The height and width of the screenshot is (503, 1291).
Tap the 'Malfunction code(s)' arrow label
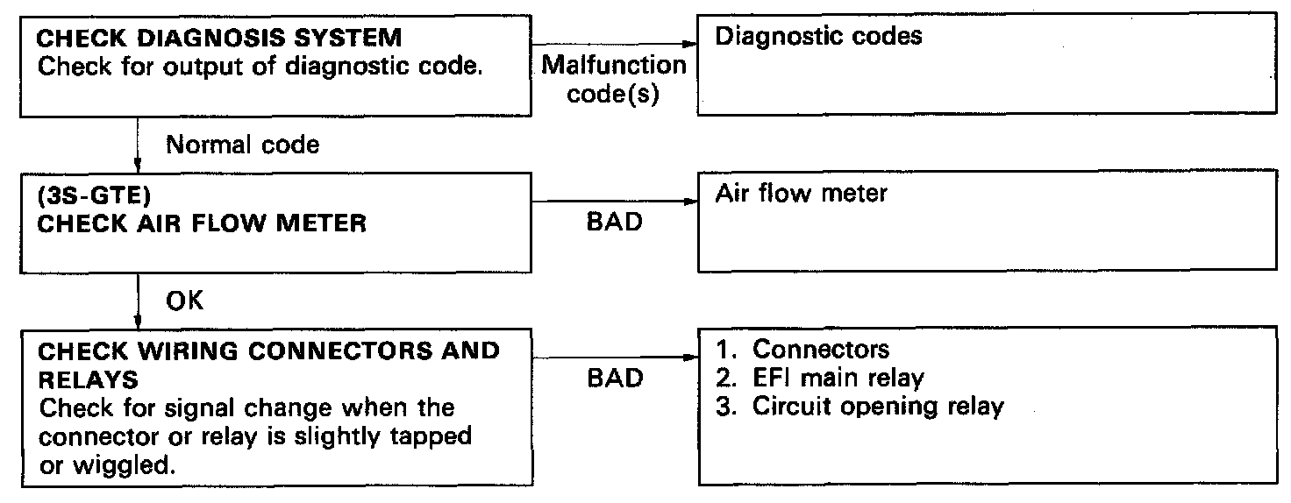point(613,79)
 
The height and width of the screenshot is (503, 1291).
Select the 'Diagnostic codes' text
point(819,37)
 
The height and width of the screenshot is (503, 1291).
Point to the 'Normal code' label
point(243,145)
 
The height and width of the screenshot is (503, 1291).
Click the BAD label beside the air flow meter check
point(613,223)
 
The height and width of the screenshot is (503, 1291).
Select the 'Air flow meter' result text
point(802,193)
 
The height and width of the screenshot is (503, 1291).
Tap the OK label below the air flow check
point(184,301)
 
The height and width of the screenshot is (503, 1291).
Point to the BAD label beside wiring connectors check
point(613,378)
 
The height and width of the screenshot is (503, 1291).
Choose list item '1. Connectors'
point(802,350)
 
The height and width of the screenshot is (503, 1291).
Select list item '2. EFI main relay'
point(820,379)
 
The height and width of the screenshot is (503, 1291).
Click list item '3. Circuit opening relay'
point(859,407)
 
